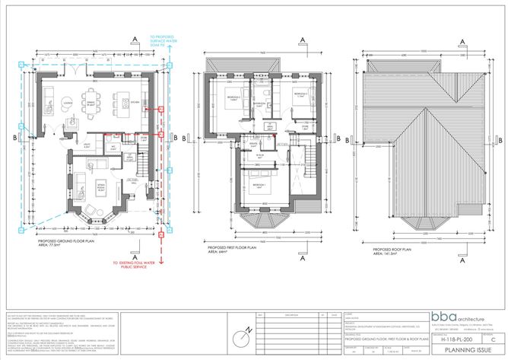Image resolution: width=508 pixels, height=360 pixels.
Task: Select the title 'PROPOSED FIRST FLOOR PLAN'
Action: [240, 244]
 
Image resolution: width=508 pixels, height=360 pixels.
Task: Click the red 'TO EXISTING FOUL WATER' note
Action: [134, 264]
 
